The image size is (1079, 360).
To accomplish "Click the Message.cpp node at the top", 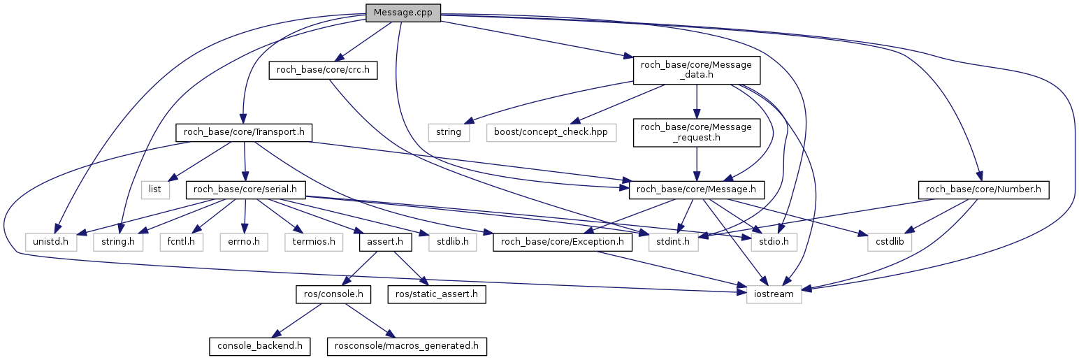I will (403, 13).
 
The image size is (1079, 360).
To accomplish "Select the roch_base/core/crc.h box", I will (323, 70).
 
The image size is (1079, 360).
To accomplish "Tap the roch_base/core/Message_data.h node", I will (696, 71).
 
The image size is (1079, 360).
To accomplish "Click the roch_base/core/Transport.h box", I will (243, 131).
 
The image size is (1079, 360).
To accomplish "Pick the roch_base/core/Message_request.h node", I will (696, 132).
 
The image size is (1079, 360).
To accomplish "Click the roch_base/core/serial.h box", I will (245, 189).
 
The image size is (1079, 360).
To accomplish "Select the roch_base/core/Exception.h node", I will (563, 243).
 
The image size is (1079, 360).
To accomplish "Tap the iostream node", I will (774, 294).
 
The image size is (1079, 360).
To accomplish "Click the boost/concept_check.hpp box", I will (551, 131).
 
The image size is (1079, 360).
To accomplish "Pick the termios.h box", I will (310, 243).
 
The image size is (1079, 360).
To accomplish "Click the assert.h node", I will (382, 243).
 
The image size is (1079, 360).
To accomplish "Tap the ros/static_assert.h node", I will (437, 294).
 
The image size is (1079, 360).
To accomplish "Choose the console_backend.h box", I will (259, 346).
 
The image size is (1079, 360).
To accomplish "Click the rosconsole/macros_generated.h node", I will (407, 346).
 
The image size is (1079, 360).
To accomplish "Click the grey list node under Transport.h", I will (155, 189).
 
